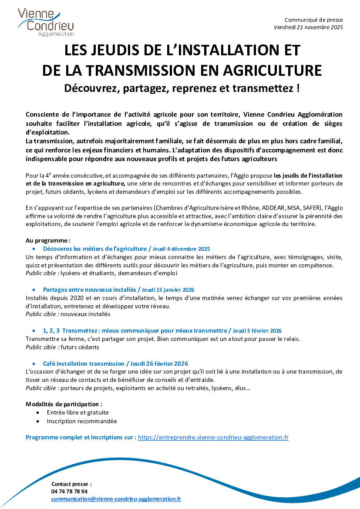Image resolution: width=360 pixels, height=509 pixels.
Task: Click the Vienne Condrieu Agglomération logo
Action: click(46, 22)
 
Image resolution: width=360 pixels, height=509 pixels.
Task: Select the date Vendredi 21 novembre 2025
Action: click(308, 27)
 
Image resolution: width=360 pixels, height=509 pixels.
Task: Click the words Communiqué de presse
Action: click(313, 20)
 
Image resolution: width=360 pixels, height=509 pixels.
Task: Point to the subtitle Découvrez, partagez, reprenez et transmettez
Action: click(182, 88)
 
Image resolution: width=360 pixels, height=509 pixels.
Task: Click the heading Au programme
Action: click(48, 240)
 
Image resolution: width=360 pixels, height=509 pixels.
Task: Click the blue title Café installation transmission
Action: click(84, 363)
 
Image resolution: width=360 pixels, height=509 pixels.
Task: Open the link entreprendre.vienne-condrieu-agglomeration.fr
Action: click(213, 437)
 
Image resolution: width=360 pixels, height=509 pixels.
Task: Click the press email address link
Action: click(116, 499)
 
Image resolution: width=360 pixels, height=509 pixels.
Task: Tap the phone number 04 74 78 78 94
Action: click(69, 491)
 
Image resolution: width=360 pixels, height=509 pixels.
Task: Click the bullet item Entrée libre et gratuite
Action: click(78, 412)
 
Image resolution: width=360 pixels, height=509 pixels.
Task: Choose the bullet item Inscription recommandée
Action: click(82, 421)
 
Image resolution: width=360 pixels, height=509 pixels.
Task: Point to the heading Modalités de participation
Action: click(64, 404)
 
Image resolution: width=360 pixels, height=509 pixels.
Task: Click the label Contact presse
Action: click(71, 484)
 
